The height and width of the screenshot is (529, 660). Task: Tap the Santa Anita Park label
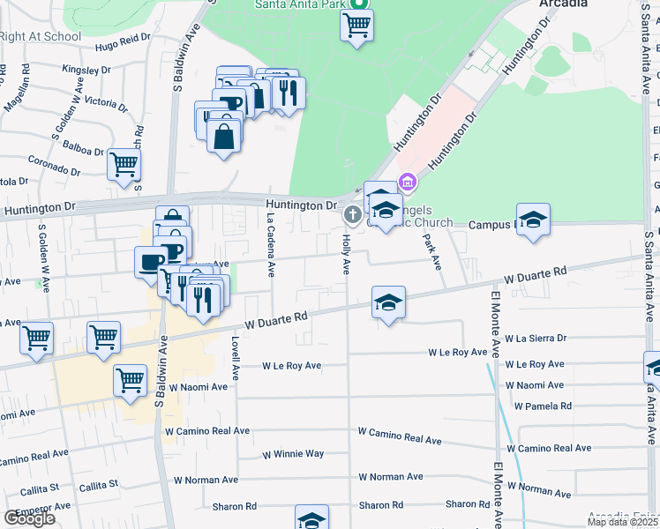pos(298,4)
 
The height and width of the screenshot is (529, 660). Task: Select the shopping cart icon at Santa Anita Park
pos(356,26)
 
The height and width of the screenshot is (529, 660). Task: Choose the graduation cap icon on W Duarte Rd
pos(388,302)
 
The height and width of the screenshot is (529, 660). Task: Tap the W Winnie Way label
pos(293,455)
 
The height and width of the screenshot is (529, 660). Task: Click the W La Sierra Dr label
pos(535,338)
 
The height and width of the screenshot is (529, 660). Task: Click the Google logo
pos(29,518)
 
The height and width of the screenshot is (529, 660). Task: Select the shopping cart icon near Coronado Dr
pos(124,164)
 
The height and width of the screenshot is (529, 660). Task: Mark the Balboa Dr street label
pos(83,151)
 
